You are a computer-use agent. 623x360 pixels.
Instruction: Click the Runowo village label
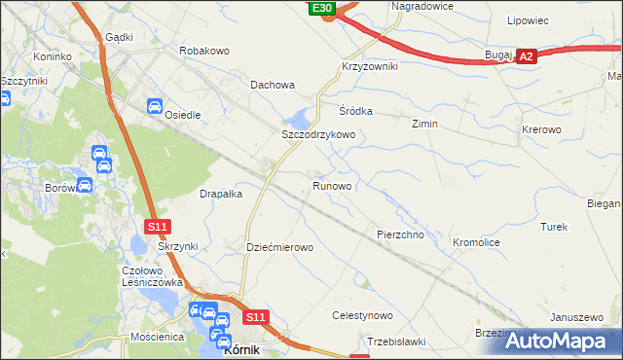tap(332, 185)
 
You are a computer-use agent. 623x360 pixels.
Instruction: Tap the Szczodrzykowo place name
tap(317, 134)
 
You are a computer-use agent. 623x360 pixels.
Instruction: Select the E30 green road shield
tap(323, 8)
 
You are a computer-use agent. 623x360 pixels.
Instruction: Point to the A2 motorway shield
tap(526, 57)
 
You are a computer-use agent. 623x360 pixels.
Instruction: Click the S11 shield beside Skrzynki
tap(159, 227)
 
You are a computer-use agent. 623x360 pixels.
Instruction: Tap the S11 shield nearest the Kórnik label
tap(255, 317)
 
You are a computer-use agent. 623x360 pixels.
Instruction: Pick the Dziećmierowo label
tap(279, 248)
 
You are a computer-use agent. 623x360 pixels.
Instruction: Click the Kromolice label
tap(476, 241)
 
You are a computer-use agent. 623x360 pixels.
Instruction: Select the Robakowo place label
tap(203, 49)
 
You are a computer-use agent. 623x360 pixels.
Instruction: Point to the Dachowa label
tap(273, 85)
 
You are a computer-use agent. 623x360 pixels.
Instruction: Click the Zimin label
tap(424, 125)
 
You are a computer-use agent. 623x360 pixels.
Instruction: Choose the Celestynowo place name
tap(362, 316)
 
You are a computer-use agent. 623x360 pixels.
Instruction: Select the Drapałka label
tap(221, 194)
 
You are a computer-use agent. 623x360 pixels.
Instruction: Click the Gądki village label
tap(118, 36)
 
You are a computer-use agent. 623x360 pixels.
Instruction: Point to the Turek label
tap(554, 227)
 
